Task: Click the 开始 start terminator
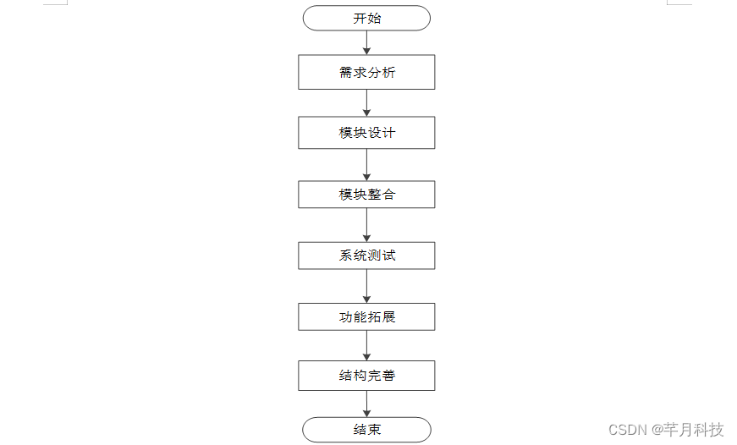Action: click(x=366, y=18)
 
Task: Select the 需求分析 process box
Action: click(x=366, y=72)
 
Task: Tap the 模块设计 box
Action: click(x=366, y=133)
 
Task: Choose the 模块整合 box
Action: click(x=366, y=194)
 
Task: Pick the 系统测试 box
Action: click(x=366, y=255)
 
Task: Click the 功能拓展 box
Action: click(x=366, y=317)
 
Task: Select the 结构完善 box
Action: click(x=366, y=376)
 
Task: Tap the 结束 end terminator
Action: click(x=366, y=429)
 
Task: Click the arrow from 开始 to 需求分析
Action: click(x=366, y=42)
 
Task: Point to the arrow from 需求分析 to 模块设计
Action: click(x=366, y=102)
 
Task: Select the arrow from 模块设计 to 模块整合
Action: click(x=366, y=165)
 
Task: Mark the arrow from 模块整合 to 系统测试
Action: click(x=366, y=225)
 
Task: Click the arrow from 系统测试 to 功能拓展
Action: click(x=366, y=286)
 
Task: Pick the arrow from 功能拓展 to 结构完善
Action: click(x=366, y=345)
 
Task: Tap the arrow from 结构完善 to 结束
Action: click(x=366, y=404)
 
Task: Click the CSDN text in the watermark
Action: click(x=627, y=430)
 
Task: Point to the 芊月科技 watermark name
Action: click(x=694, y=430)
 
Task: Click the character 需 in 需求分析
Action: click(x=345, y=73)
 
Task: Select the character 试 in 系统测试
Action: click(x=388, y=255)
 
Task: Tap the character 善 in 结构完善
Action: click(x=388, y=376)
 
